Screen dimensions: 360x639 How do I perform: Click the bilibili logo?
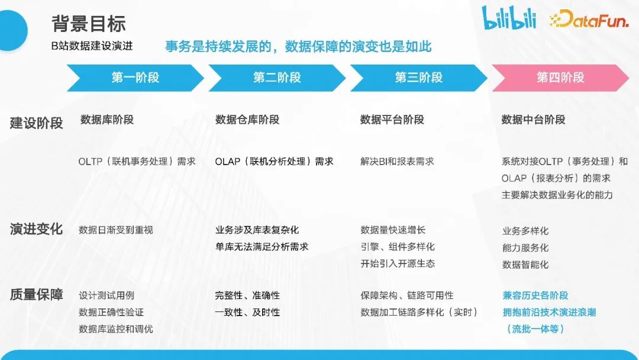tap(508, 19)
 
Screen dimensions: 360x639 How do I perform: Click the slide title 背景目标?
tap(89, 24)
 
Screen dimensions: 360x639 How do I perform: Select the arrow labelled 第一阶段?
tap(135, 78)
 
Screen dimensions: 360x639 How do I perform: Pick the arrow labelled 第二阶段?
tap(277, 78)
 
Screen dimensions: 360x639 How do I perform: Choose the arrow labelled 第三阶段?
tap(419, 78)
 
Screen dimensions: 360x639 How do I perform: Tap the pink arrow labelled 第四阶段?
tap(560, 78)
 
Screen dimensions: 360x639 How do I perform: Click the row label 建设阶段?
tap(36, 123)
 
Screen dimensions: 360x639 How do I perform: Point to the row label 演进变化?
tap(36, 229)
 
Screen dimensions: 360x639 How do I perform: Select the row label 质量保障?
tap(36, 294)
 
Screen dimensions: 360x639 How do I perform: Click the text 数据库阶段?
tap(107, 120)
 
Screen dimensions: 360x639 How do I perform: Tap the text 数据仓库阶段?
tap(247, 120)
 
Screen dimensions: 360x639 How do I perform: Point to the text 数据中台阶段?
tap(533, 120)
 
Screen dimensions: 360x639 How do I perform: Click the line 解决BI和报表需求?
tap(397, 161)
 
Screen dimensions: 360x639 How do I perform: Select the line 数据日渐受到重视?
tap(116, 230)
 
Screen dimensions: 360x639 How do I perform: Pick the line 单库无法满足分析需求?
tap(262, 246)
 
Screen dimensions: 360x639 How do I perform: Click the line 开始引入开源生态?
tap(398, 263)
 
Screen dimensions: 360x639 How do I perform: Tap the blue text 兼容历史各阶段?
tap(535, 295)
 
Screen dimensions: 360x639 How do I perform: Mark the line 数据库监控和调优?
tap(116, 329)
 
